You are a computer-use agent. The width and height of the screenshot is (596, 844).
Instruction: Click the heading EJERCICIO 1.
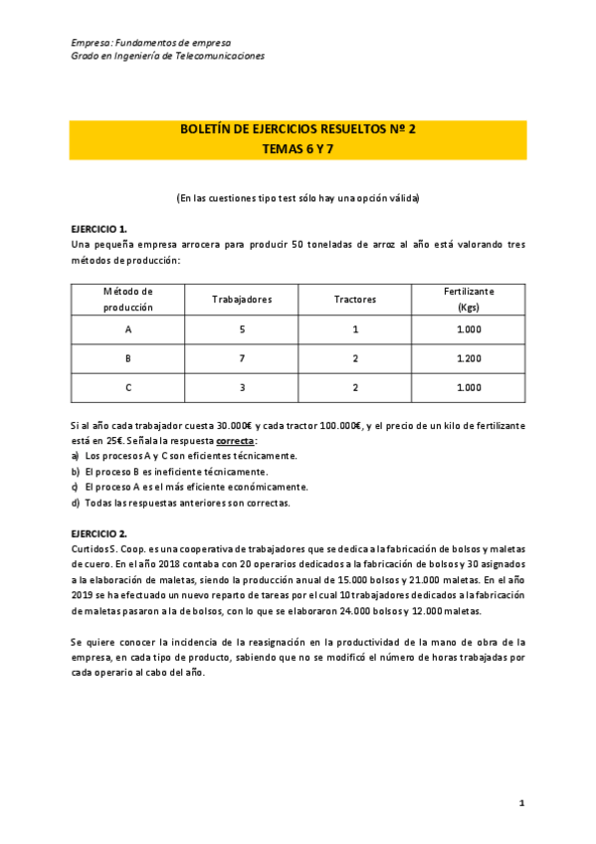click(99, 228)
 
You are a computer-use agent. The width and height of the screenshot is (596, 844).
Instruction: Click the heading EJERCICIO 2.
click(99, 533)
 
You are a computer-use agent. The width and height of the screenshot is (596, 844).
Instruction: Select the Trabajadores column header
click(242, 300)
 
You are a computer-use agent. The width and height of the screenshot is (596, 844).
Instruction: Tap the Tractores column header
click(355, 300)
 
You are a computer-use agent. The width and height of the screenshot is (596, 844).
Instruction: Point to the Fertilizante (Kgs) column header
click(469, 300)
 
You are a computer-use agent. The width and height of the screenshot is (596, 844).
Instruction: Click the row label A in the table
click(127, 328)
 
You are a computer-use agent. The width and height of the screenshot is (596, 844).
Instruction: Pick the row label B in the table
click(127, 357)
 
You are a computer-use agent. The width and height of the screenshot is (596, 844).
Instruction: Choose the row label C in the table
click(127, 387)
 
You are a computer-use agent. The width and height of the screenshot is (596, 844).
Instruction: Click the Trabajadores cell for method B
click(242, 357)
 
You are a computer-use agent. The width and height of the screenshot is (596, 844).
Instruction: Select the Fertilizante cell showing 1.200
click(469, 357)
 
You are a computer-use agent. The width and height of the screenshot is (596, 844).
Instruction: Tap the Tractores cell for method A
click(355, 328)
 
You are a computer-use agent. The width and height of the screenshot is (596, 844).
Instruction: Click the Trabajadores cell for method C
click(242, 387)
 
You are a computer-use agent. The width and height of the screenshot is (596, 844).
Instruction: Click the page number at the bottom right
click(521, 801)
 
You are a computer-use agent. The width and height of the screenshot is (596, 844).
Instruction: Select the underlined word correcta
click(236, 440)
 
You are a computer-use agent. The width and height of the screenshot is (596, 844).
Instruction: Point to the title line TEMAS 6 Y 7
click(298, 147)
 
